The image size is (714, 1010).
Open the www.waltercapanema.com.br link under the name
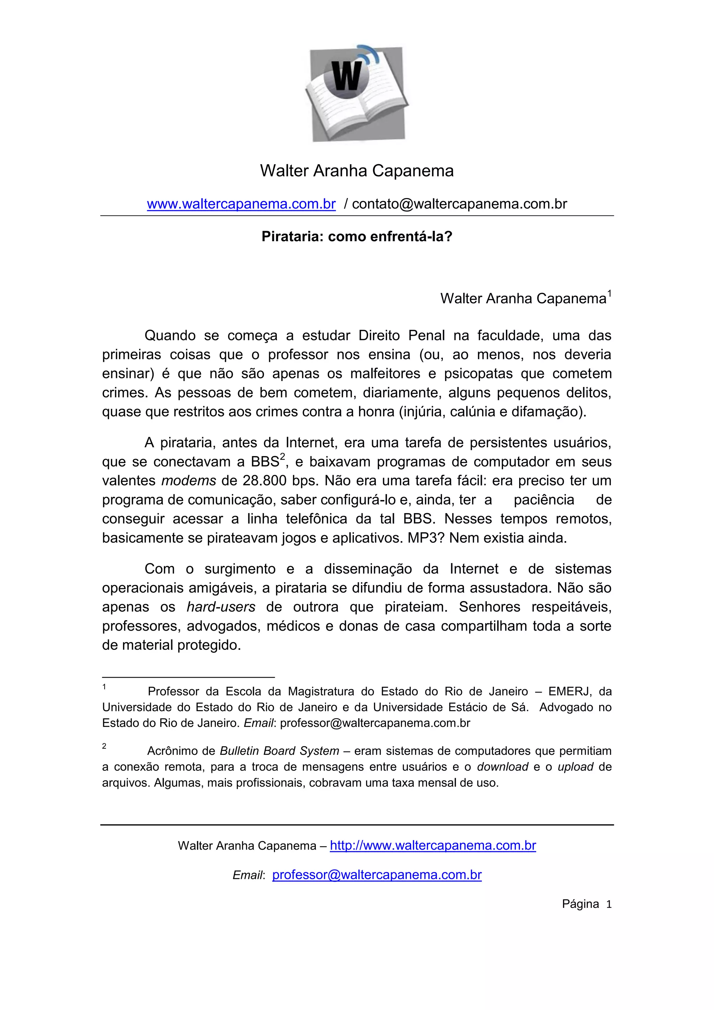point(241,204)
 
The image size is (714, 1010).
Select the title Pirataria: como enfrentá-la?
point(357,237)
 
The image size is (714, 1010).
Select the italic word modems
point(189,480)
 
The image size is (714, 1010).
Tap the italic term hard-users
point(221,607)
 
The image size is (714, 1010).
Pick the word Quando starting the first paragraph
point(170,336)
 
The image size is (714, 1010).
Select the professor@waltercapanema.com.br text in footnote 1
point(375,723)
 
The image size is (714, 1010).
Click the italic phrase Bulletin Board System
point(279,751)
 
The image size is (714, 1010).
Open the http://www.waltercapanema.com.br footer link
point(433,845)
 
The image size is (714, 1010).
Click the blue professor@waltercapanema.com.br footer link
point(377,875)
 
